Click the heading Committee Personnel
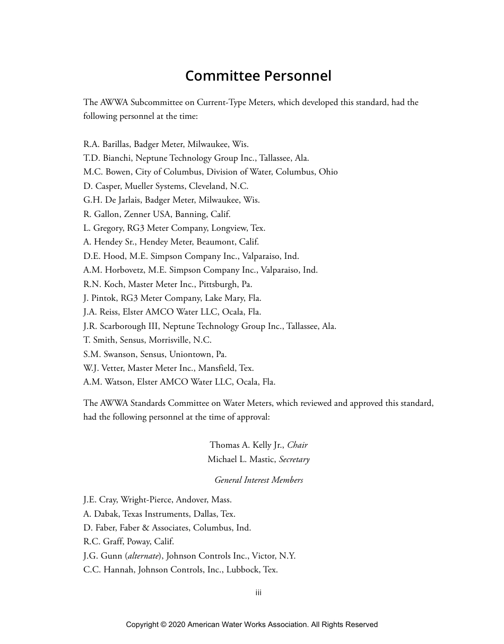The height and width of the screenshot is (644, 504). click(258, 76)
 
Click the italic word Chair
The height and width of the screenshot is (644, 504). click(297, 445)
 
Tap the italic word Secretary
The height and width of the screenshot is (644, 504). click(294, 459)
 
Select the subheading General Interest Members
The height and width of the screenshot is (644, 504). click(258, 480)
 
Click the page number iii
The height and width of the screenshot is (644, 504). click(258, 593)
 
